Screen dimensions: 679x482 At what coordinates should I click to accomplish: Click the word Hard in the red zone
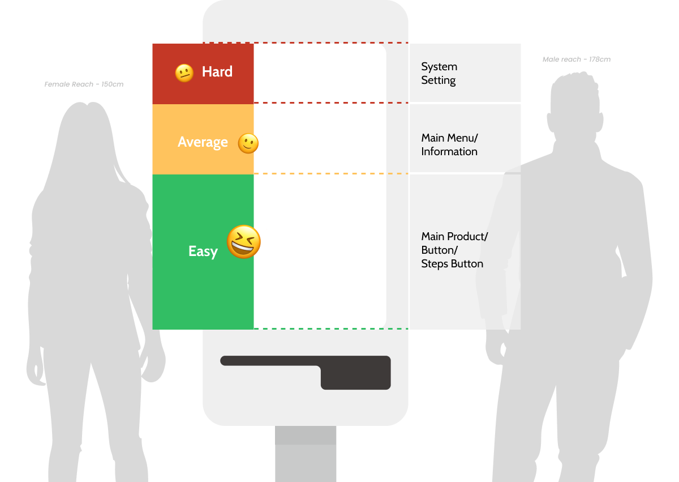217,71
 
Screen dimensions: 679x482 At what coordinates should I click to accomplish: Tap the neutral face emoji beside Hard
184,73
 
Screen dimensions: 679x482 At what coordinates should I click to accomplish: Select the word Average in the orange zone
203,142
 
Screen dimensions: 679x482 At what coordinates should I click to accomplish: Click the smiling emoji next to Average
248,143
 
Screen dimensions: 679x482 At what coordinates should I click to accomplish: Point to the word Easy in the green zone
203,251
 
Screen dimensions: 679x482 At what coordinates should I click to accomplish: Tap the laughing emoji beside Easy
244,242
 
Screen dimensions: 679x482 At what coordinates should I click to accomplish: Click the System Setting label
439,74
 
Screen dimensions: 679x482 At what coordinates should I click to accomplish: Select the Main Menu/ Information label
449,144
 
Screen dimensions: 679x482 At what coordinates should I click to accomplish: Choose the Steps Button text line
452,264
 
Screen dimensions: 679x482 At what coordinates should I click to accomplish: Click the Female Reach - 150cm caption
84,84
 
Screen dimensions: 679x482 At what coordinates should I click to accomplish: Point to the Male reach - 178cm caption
577,59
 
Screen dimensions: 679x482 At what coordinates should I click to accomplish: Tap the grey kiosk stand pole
306,454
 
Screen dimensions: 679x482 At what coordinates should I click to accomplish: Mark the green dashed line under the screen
331,329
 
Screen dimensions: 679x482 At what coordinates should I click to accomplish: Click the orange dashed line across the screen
331,173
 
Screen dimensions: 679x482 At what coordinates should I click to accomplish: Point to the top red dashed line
306,43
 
